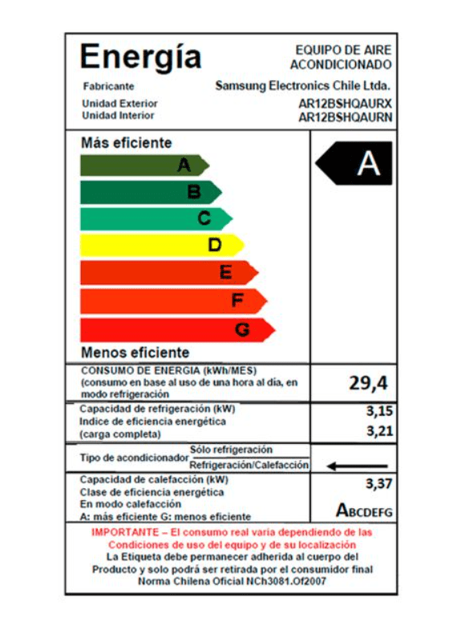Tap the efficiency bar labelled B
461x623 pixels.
pyautogui.click(x=151, y=192)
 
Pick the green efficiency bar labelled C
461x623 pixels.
pyautogui.click(x=156, y=218)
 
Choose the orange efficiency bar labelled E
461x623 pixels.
pyautogui.click(x=168, y=273)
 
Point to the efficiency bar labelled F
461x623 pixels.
pyautogui.click(x=173, y=301)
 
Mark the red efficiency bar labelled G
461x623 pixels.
pyautogui.click(x=177, y=329)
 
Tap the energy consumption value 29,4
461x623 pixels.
pyautogui.click(x=368, y=383)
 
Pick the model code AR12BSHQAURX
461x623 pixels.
pyautogui.click(x=345, y=104)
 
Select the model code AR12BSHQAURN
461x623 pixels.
pyautogui.click(x=345, y=116)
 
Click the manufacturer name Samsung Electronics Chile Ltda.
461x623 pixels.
pyautogui.click(x=303, y=86)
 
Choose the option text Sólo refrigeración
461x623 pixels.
pyautogui.click(x=231, y=450)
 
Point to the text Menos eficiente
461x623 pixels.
pyautogui.click(x=135, y=352)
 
